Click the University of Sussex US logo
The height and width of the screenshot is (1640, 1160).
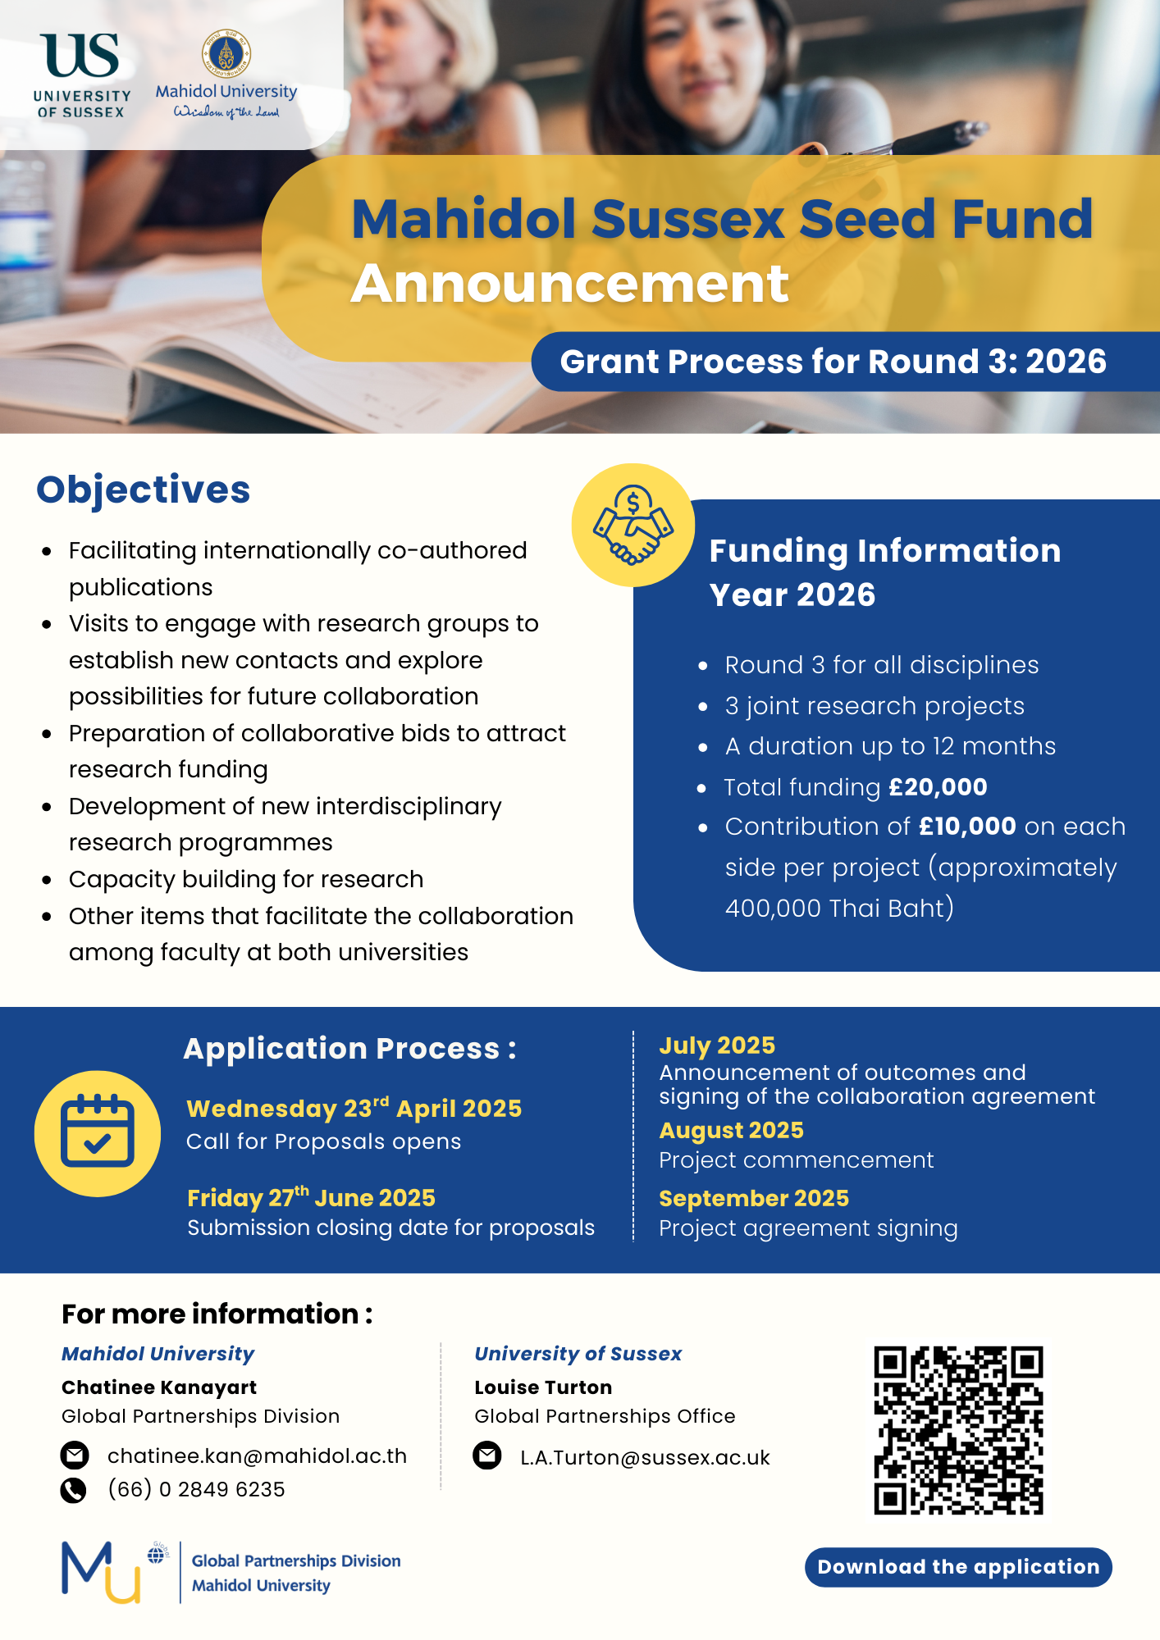80,57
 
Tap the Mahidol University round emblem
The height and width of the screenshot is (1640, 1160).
226,53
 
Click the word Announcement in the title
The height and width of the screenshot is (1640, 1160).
570,284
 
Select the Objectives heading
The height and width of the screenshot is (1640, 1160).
144,490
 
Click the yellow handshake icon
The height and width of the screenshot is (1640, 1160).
633,526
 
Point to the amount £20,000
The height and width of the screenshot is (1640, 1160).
938,787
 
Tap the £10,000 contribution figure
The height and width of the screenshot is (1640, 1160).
967,827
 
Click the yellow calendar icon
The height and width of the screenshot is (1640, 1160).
98,1133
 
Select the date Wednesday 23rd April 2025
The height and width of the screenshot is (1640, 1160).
354,1109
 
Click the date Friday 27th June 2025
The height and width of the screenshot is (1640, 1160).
311,1198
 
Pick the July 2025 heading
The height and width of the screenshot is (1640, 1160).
717,1045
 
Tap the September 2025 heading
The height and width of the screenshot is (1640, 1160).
754,1199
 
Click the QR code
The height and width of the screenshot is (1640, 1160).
958,1430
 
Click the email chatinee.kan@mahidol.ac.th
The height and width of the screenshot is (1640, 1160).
257,1455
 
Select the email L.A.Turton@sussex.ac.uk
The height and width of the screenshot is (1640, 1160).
645,1458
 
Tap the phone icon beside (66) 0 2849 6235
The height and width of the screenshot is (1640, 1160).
74,1490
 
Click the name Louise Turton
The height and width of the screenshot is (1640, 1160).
543,1387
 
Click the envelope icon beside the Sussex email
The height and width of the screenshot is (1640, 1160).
487,1456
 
